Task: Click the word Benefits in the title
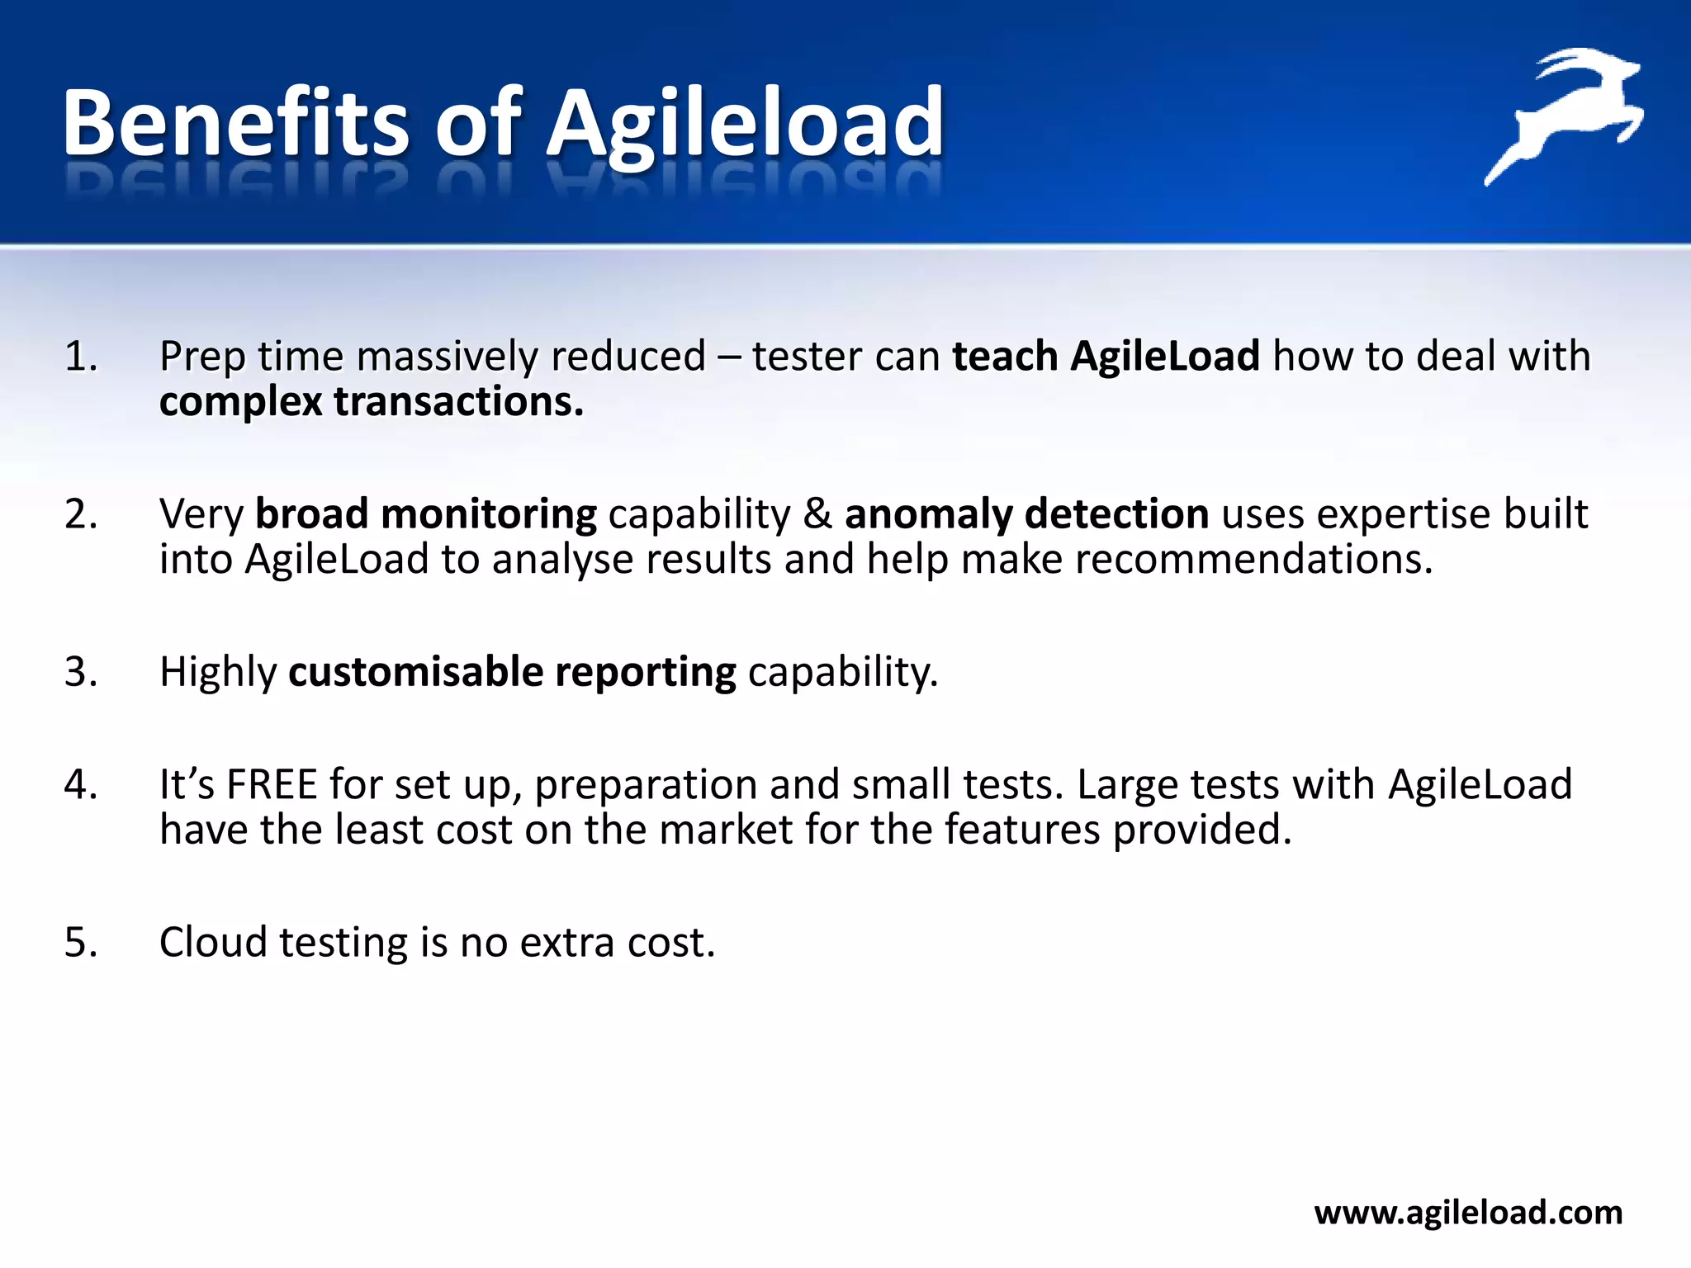pyautogui.click(x=234, y=124)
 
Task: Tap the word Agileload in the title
pyautogui.click(x=745, y=124)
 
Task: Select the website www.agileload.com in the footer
pyautogui.click(x=1468, y=1213)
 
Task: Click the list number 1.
pyautogui.click(x=80, y=357)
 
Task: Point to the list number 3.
pyautogui.click(x=80, y=672)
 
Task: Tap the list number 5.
pyautogui.click(x=80, y=943)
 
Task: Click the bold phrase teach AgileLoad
pyautogui.click(x=1106, y=357)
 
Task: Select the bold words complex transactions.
pyautogui.click(x=371, y=403)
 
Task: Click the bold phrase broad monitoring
pyautogui.click(x=425, y=514)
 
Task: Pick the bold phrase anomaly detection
pyautogui.click(x=1026, y=514)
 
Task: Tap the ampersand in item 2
pyautogui.click(x=817, y=514)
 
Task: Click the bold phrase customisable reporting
pyautogui.click(x=512, y=672)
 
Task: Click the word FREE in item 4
pyautogui.click(x=272, y=785)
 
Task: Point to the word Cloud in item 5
pyautogui.click(x=213, y=943)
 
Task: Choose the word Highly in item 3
pyautogui.click(x=217, y=672)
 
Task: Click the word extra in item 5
pyautogui.click(x=567, y=943)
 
